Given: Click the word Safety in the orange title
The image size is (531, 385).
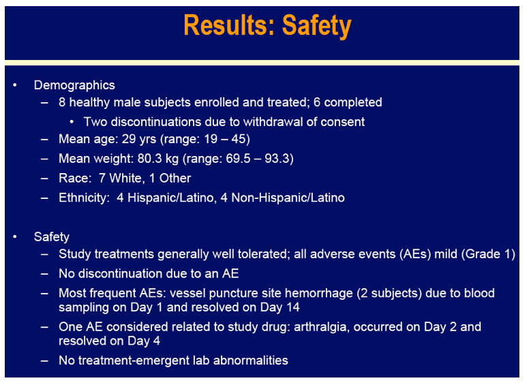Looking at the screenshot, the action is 317,26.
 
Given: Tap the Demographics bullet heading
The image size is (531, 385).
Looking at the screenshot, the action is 74,85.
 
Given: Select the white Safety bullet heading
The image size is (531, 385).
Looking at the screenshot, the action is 52,236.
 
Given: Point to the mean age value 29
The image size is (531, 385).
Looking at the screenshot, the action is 129,139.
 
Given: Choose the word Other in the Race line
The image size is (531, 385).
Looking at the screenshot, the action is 175,179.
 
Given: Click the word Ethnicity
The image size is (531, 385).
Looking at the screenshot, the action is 83,198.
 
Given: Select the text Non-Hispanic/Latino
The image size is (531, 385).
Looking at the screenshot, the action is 288,198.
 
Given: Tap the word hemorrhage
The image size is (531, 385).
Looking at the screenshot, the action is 318,293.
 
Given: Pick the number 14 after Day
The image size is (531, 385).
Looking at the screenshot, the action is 292,307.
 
